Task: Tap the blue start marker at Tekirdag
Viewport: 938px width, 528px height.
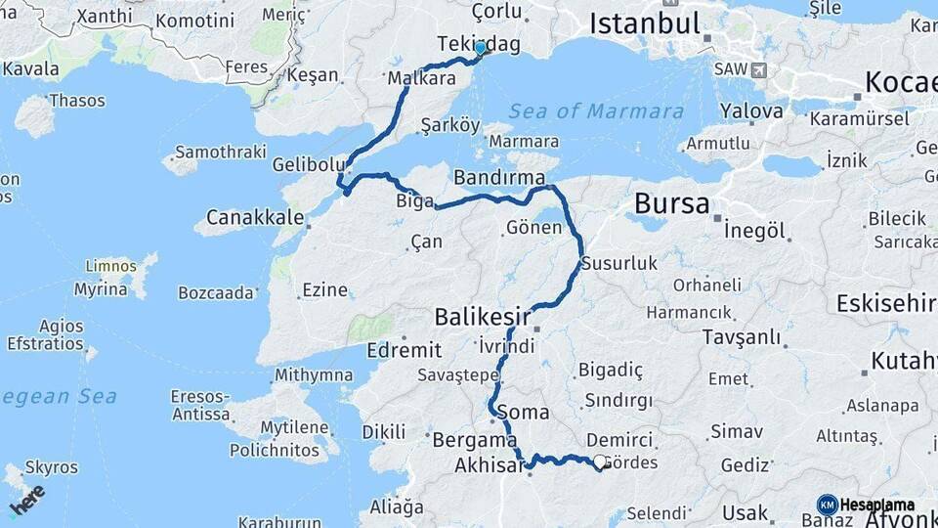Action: (480, 47)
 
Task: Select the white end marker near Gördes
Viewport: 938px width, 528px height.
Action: (600, 462)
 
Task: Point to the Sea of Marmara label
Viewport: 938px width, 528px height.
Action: (596, 110)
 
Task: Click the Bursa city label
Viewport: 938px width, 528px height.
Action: (671, 203)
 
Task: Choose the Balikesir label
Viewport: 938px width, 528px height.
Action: (482, 316)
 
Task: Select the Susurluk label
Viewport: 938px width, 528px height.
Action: (619, 263)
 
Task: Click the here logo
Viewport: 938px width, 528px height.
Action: (27, 499)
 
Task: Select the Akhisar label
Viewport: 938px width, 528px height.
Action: (490, 465)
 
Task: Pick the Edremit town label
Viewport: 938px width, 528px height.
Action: (404, 349)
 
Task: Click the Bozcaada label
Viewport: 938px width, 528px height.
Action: (216, 292)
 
